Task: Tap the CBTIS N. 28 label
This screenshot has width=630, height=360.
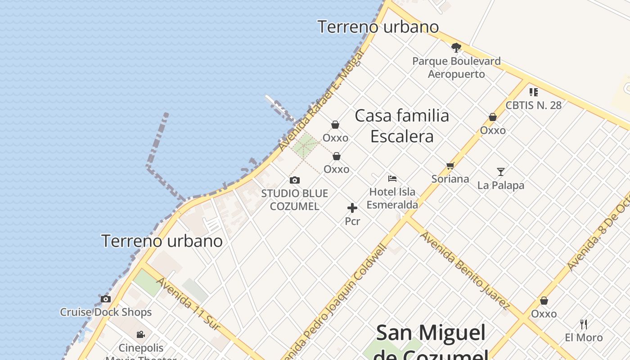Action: pyautogui.click(x=534, y=105)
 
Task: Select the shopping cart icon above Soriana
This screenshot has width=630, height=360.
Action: pyautogui.click(x=450, y=166)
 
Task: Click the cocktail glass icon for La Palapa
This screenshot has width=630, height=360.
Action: pyautogui.click(x=500, y=171)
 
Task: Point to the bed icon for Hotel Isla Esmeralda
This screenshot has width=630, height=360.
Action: pyautogui.click(x=392, y=178)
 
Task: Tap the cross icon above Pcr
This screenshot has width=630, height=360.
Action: pyautogui.click(x=352, y=208)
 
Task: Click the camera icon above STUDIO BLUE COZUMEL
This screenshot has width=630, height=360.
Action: pyautogui.click(x=295, y=180)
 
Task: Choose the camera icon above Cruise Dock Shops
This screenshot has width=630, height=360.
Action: pyautogui.click(x=105, y=299)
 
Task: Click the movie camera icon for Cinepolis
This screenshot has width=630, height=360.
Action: pyautogui.click(x=141, y=334)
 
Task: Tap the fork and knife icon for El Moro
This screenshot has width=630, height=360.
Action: pyautogui.click(x=584, y=324)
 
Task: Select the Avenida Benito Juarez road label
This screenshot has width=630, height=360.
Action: pyautogui.click(x=464, y=270)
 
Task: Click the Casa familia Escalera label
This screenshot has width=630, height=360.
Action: pyautogui.click(x=402, y=126)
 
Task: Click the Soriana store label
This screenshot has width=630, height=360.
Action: pyautogui.click(x=450, y=179)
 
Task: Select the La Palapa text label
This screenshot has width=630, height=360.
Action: pyautogui.click(x=501, y=185)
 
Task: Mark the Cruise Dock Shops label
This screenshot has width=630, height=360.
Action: pyautogui.click(x=106, y=312)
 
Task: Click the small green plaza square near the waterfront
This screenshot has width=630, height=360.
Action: pyautogui.click(x=306, y=145)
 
